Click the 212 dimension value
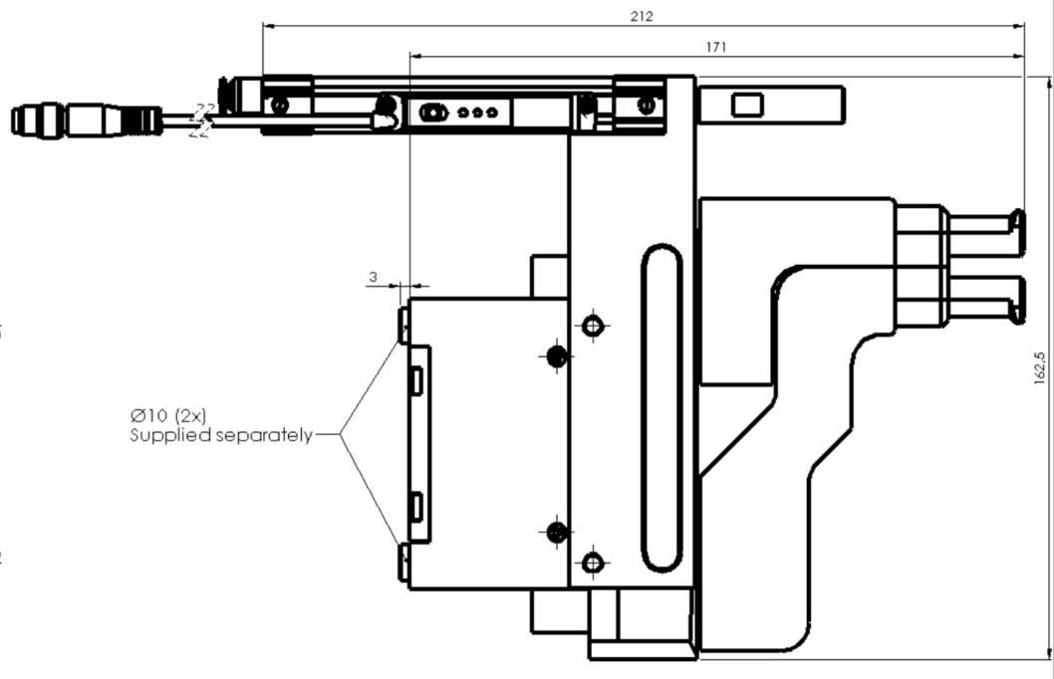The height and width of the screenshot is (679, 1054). click(643, 16)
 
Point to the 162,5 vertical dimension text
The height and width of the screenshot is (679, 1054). click(1040, 367)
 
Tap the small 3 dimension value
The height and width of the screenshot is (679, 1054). click(373, 278)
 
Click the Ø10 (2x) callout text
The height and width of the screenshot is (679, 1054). click(168, 416)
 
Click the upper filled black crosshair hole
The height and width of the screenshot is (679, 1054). click(556, 355)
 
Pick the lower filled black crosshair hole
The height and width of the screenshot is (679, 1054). click(556, 533)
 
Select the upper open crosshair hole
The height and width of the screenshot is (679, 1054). click(595, 326)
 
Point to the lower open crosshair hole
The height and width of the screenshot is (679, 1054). click(595, 564)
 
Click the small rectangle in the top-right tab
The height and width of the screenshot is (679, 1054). click(746, 105)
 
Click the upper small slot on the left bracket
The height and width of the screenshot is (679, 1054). click(416, 378)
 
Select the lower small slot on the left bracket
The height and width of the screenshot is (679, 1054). click(416, 506)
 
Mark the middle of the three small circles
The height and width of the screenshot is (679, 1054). click(477, 113)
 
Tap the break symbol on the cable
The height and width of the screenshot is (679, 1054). click(203, 120)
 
